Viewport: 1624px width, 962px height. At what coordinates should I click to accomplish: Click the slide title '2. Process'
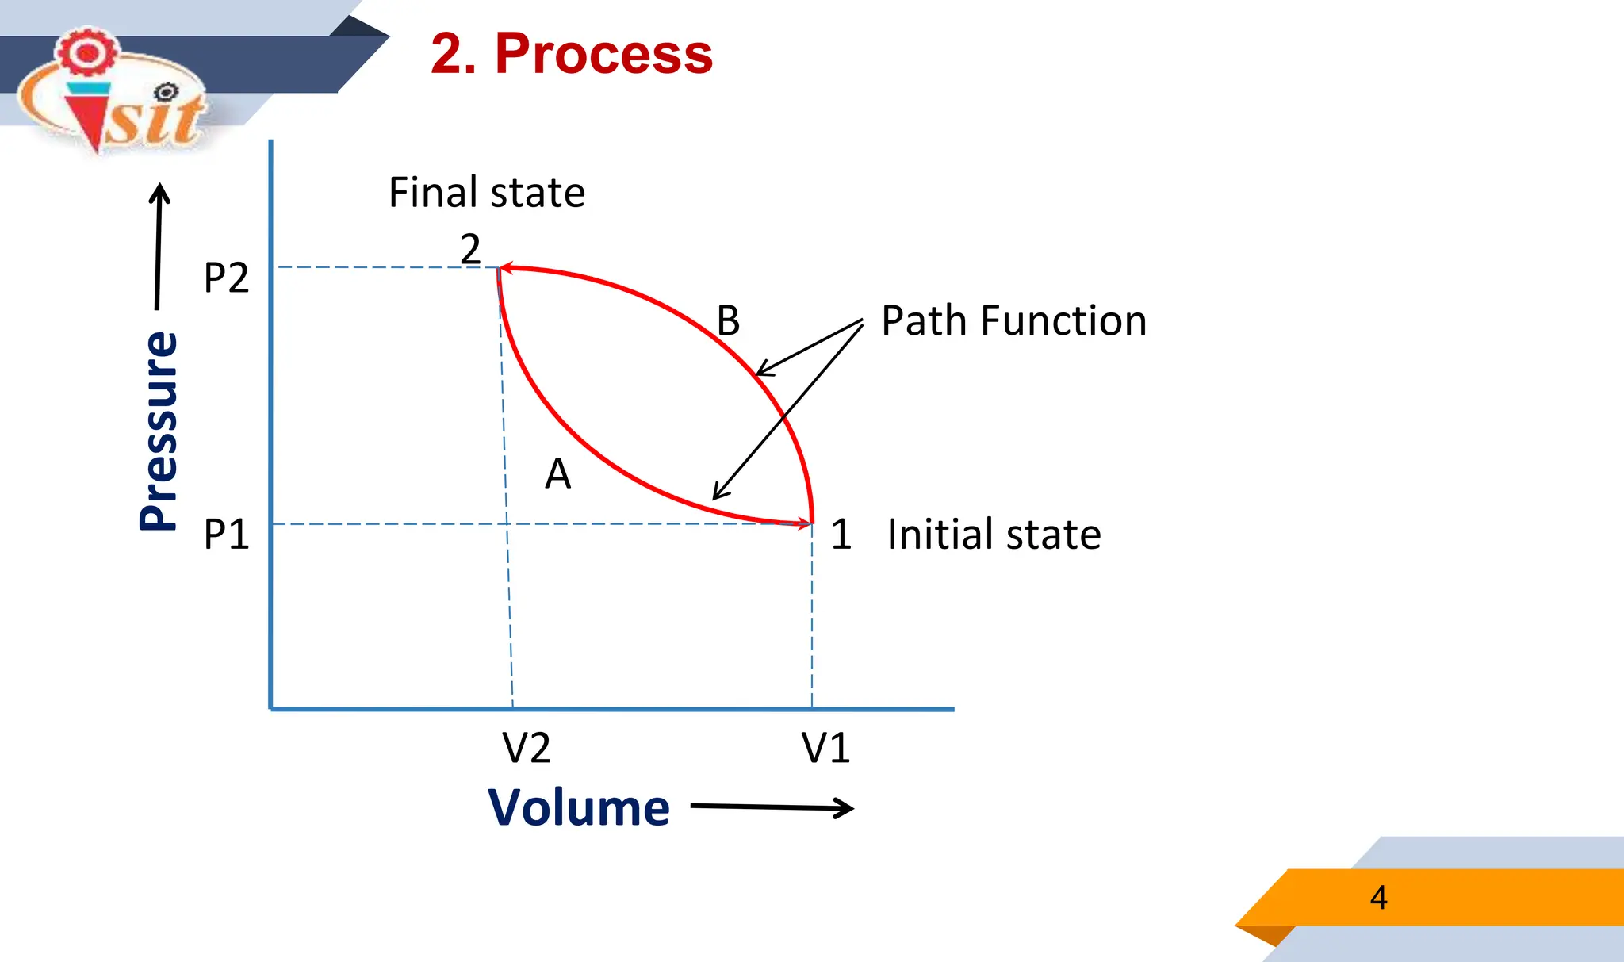click(571, 54)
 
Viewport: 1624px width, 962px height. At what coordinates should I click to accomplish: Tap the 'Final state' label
click(486, 193)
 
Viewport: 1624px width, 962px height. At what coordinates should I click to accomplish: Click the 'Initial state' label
click(993, 535)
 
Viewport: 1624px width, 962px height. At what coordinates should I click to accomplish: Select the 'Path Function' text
click(1013, 321)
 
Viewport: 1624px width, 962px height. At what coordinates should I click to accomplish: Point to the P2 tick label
click(226, 278)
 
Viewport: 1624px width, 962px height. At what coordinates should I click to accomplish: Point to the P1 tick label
click(226, 535)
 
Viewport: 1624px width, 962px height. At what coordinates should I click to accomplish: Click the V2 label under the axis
click(526, 748)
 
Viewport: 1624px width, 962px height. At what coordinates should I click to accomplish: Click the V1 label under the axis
click(825, 748)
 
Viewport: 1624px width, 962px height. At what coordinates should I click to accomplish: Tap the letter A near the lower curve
click(557, 474)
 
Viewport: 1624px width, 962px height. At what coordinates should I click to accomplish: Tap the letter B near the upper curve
click(728, 321)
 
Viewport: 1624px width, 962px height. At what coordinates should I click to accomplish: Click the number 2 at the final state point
click(470, 250)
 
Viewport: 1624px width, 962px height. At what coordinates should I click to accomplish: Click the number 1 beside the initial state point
click(841, 535)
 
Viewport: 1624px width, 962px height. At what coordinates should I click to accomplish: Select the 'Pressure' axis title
click(159, 431)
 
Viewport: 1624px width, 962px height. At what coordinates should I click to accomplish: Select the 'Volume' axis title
click(579, 808)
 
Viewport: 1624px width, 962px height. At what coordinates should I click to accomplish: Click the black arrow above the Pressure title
click(159, 246)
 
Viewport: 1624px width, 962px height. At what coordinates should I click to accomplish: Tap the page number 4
click(1378, 898)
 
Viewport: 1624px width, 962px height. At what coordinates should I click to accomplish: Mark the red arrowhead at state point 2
click(506, 269)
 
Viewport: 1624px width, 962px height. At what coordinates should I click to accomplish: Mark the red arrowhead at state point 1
click(806, 523)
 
